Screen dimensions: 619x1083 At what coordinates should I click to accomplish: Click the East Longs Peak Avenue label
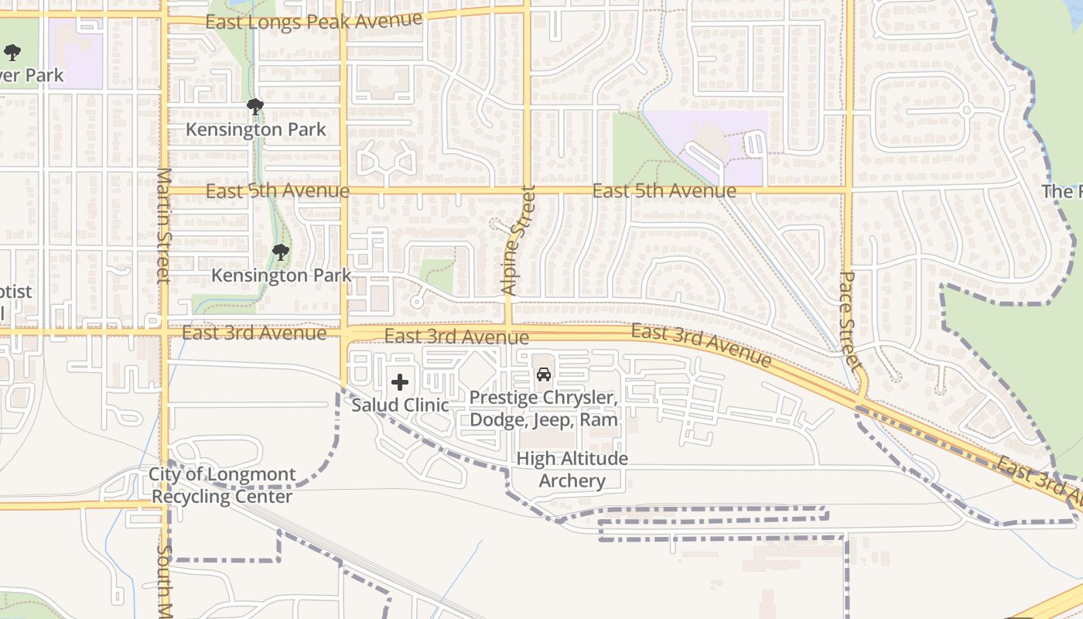coord(314,20)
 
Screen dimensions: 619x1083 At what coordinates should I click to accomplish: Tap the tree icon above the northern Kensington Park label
coord(255,107)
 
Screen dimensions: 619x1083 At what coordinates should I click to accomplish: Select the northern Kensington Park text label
coord(256,129)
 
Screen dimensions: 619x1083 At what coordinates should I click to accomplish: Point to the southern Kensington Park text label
coord(282,275)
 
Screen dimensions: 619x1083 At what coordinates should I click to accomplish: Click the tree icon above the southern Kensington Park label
coord(281,251)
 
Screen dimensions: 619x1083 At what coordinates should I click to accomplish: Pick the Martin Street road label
coord(163,226)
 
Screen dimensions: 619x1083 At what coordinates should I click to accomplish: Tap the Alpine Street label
coord(518,241)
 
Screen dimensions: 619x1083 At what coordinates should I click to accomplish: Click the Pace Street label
coord(849,320)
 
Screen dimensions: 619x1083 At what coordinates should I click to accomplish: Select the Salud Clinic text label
coord(400,405)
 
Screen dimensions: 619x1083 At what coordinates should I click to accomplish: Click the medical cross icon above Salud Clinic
coord(400,382)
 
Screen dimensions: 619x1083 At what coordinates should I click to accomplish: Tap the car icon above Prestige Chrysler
coord(544,374)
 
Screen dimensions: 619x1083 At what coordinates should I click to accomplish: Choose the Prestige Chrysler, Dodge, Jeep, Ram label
coord(544,409)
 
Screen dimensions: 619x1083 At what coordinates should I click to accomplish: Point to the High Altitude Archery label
coord(572,469)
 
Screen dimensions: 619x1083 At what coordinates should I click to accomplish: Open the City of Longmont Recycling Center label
coord(222,485)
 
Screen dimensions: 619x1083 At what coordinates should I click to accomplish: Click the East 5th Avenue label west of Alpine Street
coord(278,190)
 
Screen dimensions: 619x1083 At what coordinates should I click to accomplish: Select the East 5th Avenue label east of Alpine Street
coord(664,190)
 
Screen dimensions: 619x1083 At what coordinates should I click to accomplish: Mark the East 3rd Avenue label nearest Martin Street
coord(254,333)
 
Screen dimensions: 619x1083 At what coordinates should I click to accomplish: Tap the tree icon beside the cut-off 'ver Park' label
coord(12,53)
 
